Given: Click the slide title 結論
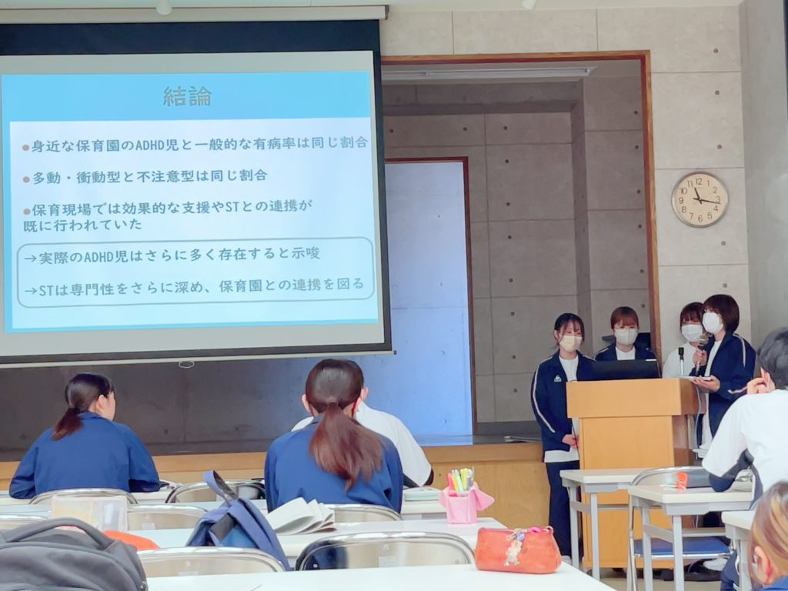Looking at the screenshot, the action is [x=188, y=96].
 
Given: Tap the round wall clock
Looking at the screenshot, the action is [x=700, y=199].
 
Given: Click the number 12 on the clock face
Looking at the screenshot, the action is [x=699, y=182].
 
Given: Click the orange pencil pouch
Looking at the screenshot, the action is [x=517, y=549].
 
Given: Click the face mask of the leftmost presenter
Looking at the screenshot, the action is [x=570, y=342].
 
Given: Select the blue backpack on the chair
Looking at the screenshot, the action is [x=236, y=519].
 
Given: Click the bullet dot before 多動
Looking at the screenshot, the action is [x=25, y=179].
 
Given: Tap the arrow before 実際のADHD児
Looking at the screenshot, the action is [x=31, y=259].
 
